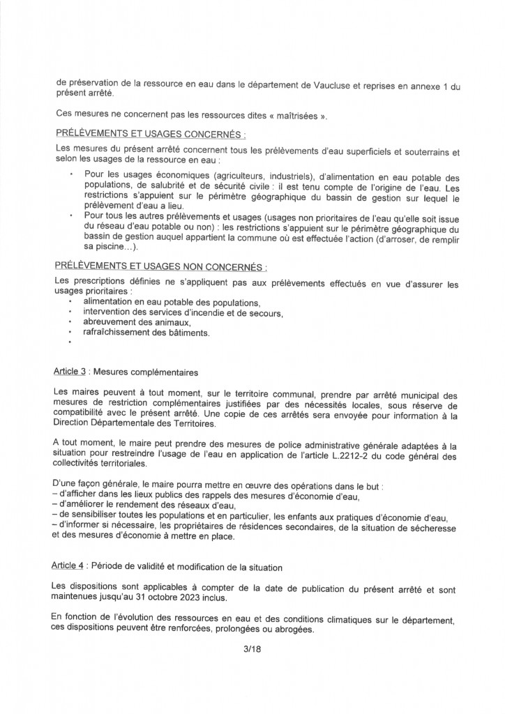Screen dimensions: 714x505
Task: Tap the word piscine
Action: pos(107,245)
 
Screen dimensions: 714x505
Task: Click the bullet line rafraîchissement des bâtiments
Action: pos(146,333)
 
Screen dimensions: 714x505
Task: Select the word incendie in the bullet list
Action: pos(197,312)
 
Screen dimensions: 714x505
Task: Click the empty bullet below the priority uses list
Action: pos(71,344)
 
